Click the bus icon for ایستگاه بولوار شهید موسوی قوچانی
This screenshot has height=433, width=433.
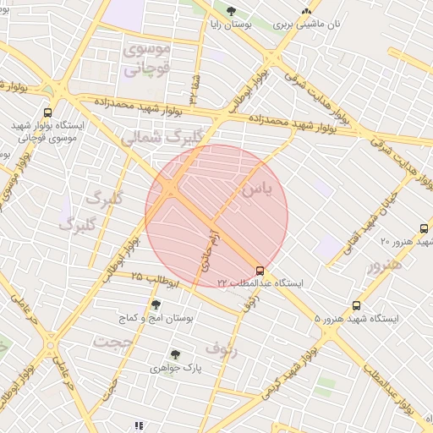pyautogui.click(x=47, y=111)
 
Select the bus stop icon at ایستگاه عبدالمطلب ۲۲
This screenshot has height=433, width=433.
pyautogui.click(x=260, y=271)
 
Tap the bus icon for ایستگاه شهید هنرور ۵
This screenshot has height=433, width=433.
pyautogui.click(x=356, y=305)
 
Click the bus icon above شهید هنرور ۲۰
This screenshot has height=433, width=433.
pyautogui.click(x=424, y=228)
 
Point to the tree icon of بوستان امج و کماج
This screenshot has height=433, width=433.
pyautogui.click(x=156, y=304)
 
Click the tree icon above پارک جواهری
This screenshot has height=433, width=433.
pyautogui.click(x=175, y=354)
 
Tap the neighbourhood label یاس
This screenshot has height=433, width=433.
pyautogui.click(x=257, y=189)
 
